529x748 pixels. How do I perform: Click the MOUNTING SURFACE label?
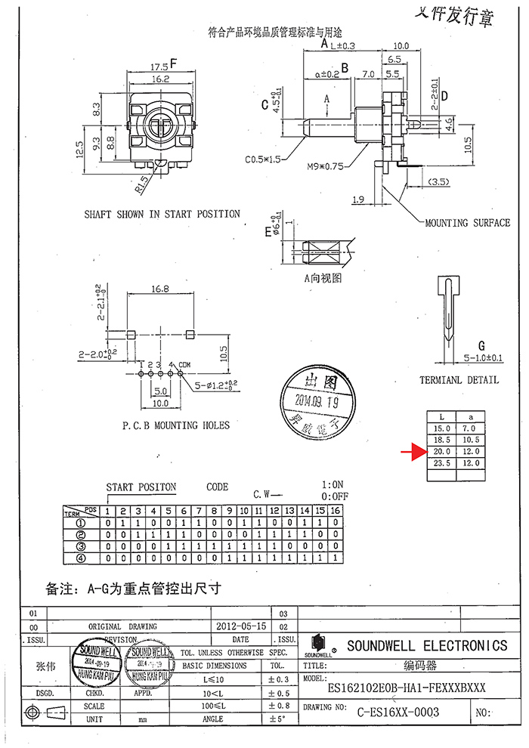coord(466,224)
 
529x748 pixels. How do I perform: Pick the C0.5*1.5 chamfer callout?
coord(263,159)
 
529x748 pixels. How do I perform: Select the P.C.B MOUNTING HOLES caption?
coord(175,425)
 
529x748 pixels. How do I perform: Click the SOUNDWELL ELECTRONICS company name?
coord(427,646)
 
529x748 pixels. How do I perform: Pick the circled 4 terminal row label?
coord(80,558)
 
